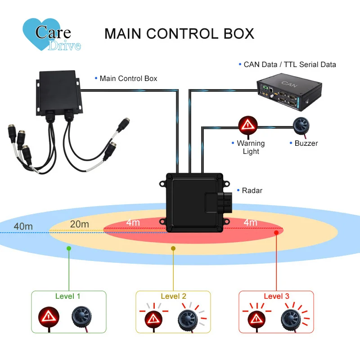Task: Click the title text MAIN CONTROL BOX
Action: (x=179, y=34)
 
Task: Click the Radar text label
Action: (x=252, y=190)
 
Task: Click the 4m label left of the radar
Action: (x=133, y=222)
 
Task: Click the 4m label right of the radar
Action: (x=250, y=222)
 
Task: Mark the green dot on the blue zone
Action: (x=68, y=248)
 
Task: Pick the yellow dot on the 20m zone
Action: (x=173, y=248)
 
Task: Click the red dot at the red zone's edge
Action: (x=277, y=232)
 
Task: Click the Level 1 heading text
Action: (x=68, y=296)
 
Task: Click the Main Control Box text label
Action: (x=128, y=78)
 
